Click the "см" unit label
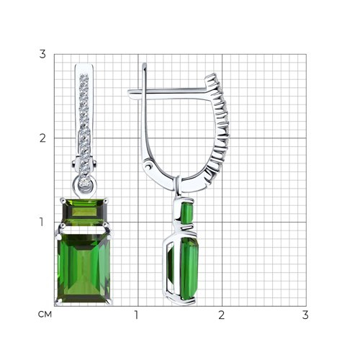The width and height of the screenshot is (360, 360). (45, 314)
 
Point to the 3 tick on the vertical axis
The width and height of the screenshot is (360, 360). (42, 54)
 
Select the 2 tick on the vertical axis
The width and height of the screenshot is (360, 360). (42, 138)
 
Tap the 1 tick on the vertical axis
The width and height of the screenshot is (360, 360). (42, 222)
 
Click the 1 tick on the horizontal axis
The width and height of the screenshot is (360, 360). (136, 315)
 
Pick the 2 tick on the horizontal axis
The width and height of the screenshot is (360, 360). (222, 315)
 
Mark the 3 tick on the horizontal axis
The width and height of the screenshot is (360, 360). (305, 315)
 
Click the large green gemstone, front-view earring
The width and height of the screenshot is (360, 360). (84, 268)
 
